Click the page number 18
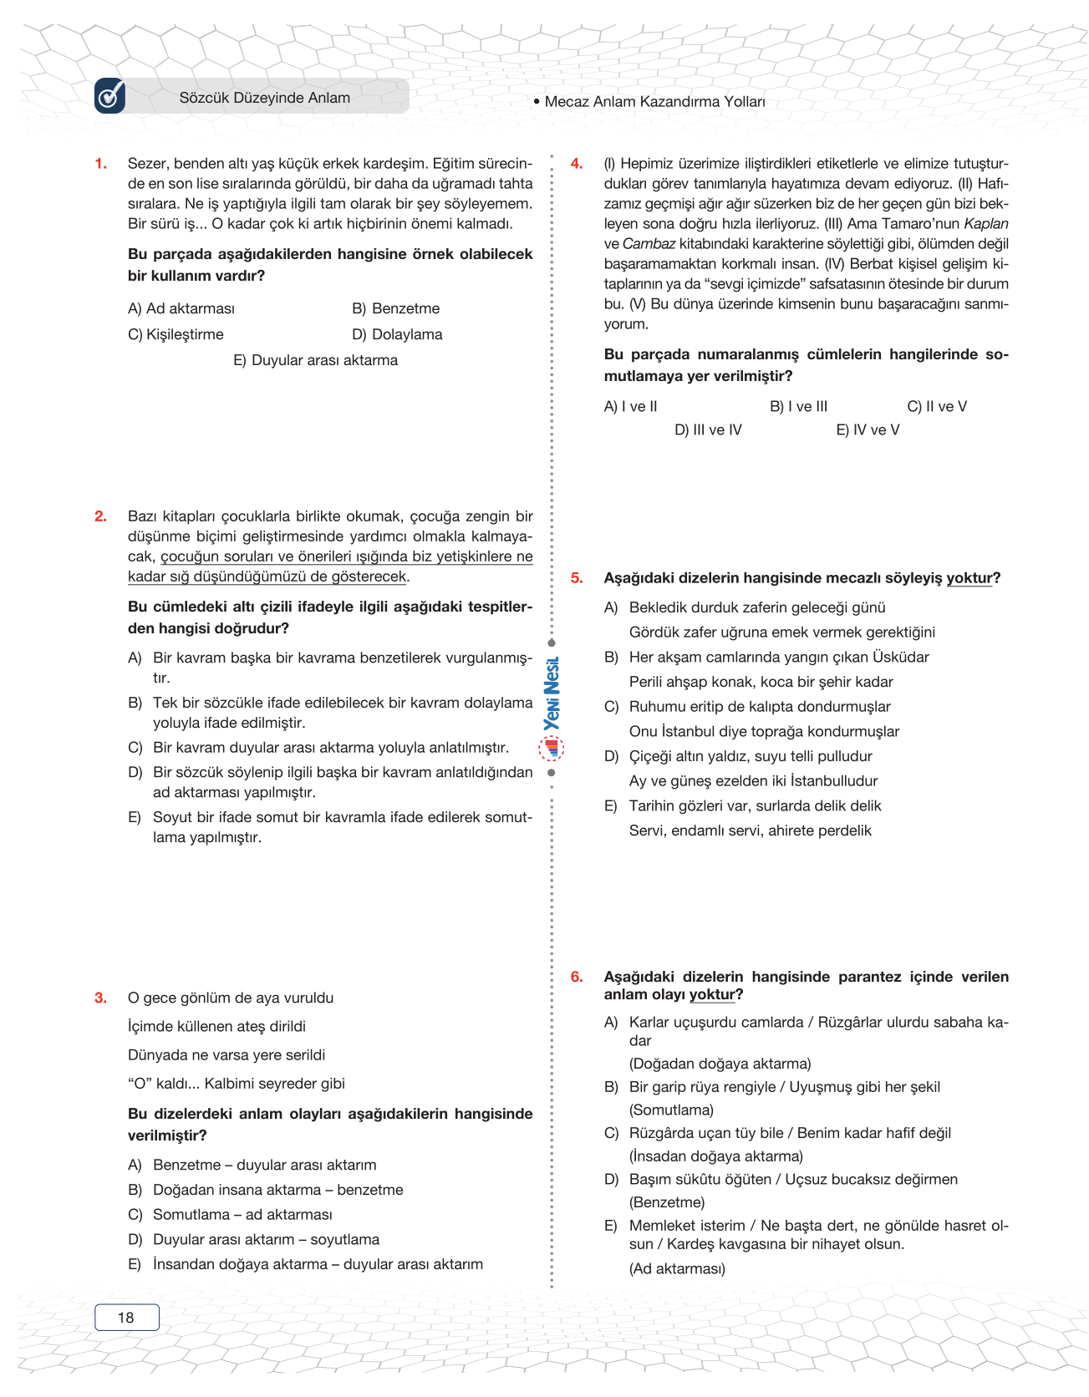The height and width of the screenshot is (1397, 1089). [x=126, y=1318]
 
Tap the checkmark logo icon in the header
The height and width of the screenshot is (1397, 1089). [x=110, y=96]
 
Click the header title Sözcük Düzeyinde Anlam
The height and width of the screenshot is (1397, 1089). [x=264, y=98]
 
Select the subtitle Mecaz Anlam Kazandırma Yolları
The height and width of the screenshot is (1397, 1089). [x=654, y=102]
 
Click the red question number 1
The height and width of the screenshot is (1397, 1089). [x=100, y=164]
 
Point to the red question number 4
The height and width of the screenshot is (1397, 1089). [x=577, y=164]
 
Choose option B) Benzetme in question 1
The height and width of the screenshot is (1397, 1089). [x=395, y=308]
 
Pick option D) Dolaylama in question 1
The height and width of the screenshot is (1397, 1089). [x=397, y=334]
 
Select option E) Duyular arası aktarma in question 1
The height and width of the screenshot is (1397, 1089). [x=315, y=360]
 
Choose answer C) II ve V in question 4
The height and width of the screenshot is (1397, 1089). [x=937, y=407]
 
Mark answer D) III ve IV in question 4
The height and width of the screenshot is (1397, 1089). [x=708, y=430]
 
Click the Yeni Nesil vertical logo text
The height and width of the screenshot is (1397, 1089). [x=552, y=693]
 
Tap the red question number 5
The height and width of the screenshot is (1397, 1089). [x=577, y=578]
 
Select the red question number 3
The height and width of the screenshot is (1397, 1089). [x=100, y=998]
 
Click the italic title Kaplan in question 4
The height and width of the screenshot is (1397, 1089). [x=986, y=224]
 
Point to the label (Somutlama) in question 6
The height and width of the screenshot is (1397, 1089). [x=671, y=1110]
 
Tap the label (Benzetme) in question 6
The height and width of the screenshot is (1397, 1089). [x=667, y=1202]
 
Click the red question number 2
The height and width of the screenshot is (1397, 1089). [x=100, y=516]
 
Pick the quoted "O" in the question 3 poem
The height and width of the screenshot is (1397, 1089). [x=138, y=1084]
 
